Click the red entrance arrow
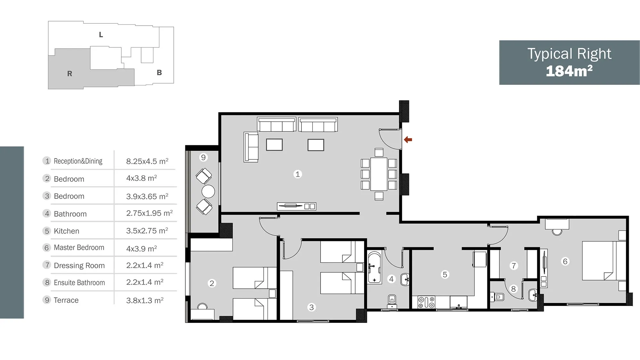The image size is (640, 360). [408, 140]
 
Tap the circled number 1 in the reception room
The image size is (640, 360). [298, 174]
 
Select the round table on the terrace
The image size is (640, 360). [208, 192]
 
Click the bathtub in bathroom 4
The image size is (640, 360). [374, 268]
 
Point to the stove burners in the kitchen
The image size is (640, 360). [427, 302]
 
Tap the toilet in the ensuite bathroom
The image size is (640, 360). [498, 297]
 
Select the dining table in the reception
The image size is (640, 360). [379, 174]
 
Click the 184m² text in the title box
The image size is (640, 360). [569, 71]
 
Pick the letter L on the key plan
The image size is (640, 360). [101, 35]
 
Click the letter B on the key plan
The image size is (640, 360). [159, 73]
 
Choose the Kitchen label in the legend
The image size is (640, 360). [67, 231]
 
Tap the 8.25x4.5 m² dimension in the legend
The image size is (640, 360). [147, 161]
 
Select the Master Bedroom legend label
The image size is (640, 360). [79, 248]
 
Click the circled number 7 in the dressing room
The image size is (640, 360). [514, 266]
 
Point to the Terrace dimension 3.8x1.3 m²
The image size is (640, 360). [145, 300]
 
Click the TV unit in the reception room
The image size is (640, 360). [296, 206]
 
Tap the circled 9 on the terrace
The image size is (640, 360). [203, 157]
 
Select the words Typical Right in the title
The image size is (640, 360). [569, 54]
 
